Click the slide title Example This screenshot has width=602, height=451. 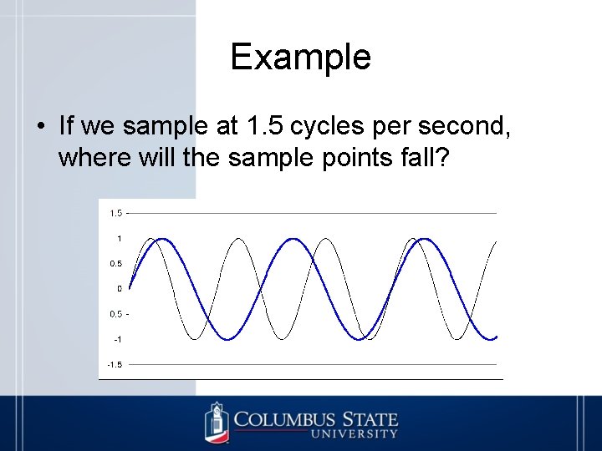tap(300, 57)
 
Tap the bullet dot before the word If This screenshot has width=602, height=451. tap(41, 127)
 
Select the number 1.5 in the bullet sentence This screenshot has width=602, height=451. tap(266, 126)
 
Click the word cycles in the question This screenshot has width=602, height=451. tap(328, 126)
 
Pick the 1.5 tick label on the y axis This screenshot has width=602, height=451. tap(115, 214)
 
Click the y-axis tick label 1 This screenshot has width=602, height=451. tap(120, 239)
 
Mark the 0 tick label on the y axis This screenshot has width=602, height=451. tap(120, 289)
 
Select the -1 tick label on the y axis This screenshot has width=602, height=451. tap(118, 339)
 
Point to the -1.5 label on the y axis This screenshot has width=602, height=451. tap(114, 364)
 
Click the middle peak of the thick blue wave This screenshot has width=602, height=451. tap(293, 240)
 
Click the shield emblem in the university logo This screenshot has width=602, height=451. tap(217, 422)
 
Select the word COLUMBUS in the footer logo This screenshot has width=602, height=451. tap(284, 419)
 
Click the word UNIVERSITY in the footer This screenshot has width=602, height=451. tap(355, 434)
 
